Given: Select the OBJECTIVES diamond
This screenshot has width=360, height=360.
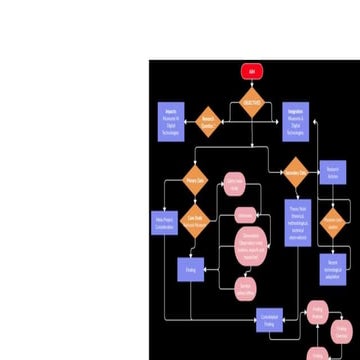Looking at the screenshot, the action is click(x=251, y=103).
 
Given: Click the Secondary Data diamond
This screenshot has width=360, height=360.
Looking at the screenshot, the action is click(x=294, y=173).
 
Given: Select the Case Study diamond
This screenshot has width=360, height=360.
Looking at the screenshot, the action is click(x=195, y=222).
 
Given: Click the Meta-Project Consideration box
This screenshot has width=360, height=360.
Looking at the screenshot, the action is click(x=163, y=221).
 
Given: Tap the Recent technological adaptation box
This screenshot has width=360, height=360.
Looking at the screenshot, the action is click(x=333, y=267).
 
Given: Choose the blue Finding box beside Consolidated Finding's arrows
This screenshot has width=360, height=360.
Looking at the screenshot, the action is click(x=191, y=270).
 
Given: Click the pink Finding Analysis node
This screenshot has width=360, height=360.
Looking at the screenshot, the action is click(x=317, y=314).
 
